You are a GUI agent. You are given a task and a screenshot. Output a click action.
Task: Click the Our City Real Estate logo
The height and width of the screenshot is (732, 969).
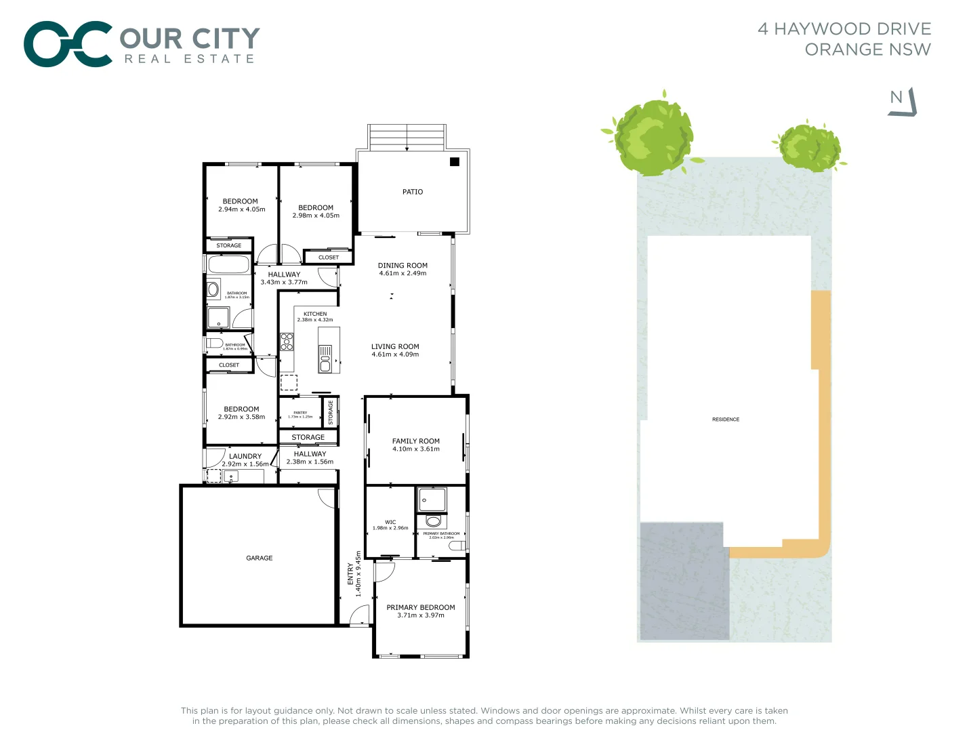[142, 44]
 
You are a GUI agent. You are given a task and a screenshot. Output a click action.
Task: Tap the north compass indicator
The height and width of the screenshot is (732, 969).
[902, 102]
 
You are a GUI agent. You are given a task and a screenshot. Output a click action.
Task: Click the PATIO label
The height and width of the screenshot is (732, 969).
[412, 192]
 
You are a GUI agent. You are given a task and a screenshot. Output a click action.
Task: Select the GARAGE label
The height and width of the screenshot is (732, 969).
[259, 558]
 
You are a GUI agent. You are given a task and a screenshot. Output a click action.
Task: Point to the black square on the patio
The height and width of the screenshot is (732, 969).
[455, 161]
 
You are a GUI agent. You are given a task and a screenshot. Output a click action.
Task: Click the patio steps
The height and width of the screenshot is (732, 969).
[407, 137]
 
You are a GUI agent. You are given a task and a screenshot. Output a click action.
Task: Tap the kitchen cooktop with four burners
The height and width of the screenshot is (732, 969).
[287, 342]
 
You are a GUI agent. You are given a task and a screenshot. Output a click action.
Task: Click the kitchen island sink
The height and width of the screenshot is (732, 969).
[325, 359]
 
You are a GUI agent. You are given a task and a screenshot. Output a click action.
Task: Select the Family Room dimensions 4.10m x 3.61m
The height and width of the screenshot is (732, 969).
[415, 449]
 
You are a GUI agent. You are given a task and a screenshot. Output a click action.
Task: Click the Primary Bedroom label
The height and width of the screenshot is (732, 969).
[420, 607]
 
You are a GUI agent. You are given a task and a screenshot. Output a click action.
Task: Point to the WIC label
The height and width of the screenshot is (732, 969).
[390, 522]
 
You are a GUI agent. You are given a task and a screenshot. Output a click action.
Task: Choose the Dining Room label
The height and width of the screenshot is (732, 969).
[403, 266]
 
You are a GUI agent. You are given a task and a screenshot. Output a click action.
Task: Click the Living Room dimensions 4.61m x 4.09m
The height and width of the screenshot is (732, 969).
[395, 354]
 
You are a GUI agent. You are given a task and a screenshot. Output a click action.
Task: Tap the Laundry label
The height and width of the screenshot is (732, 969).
[245, 456]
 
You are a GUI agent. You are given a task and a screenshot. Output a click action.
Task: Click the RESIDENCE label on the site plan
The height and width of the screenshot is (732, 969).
[725, 420]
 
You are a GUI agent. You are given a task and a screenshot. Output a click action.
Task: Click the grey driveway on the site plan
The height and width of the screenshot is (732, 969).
[684, 582]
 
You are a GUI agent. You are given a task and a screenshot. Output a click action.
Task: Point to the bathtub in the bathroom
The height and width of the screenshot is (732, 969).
[228, 264]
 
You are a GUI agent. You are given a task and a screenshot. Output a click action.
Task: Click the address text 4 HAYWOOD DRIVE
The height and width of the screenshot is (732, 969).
[844, 29]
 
